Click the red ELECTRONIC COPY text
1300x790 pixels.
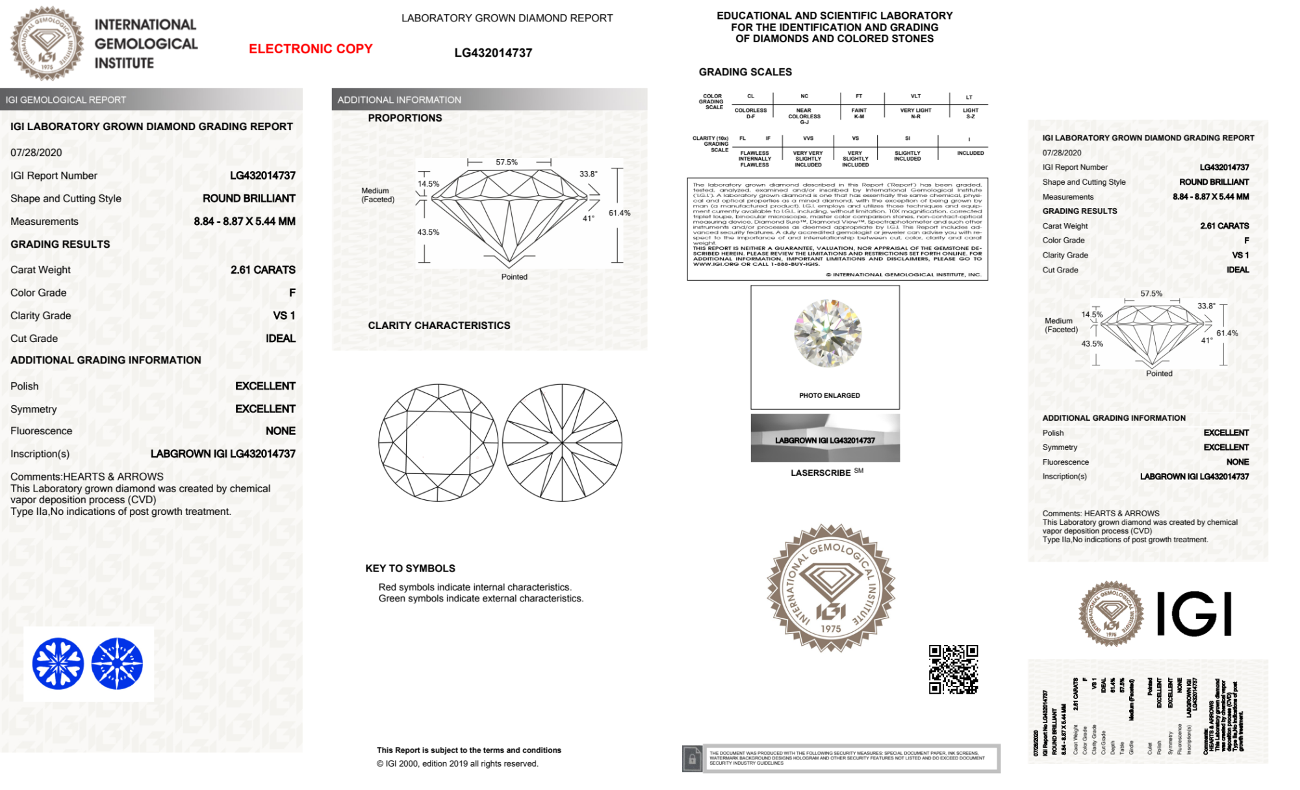pyautogui.click(x=311, y=49)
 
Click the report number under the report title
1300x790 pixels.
pyautogui.click(x=493, y=53)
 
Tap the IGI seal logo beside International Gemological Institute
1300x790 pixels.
pyautogui.click(x=47, y=44)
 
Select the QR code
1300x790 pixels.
pyautogui.click(x=953, y=670)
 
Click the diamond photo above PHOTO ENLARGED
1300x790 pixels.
pyautogui.click(x=827, y=333)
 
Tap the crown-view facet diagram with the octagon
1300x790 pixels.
pyautogui.click(x=439, y=443)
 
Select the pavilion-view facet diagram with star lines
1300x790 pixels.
pyautogui.click(x=562, y=443)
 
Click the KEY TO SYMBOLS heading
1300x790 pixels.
pyautogui.click(x=410, y=568)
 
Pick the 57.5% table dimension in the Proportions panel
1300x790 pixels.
pyautogui.click(x=507, y=163)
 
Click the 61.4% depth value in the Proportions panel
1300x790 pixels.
pyautogui.click(x=619, y=213)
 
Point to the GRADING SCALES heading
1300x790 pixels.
pyautogui.click(x=745, y=72)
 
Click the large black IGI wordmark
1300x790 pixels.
pyautogui.click(x=1194, y=614)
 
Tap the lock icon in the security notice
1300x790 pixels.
pyautogui.click(x=693, y=758)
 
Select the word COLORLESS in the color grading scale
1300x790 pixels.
pyautogui.click(x=750, y=111)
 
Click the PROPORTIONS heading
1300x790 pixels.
pyautogui.click(x=405, y=118)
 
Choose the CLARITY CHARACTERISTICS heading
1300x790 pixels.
pyautogui.click(x=439, y=326)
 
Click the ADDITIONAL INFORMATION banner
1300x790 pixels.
pyautogui.click(x=399, y=100)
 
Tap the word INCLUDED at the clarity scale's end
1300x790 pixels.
pyautogui.click(x=970, y=153)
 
